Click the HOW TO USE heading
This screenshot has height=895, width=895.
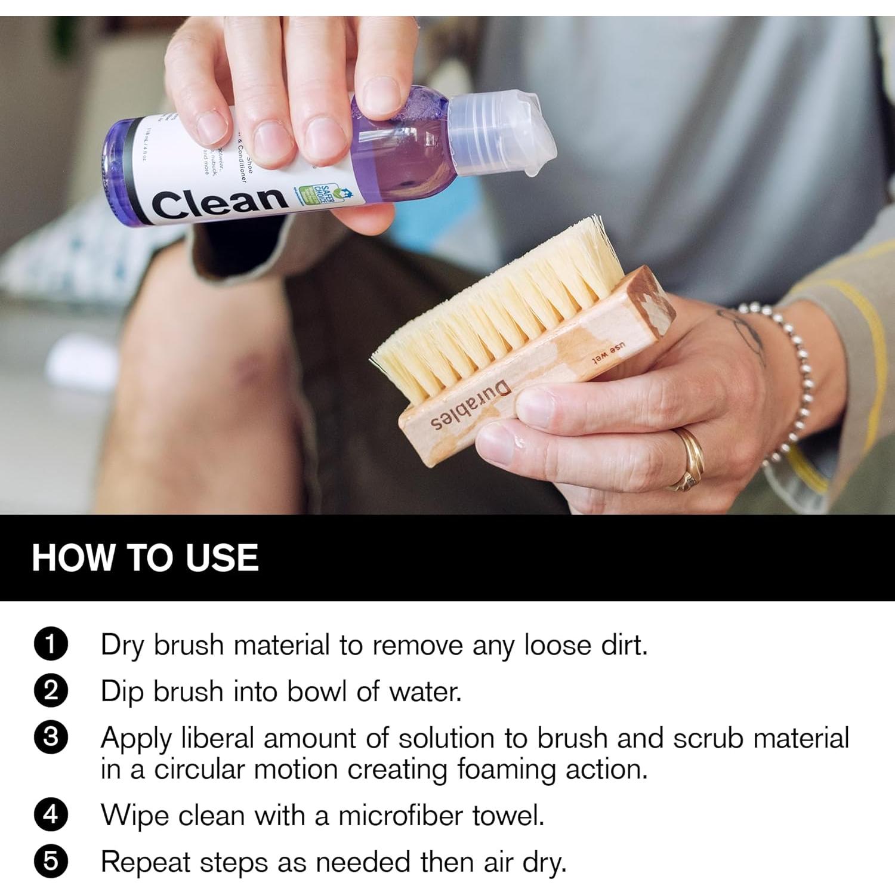(145, 558)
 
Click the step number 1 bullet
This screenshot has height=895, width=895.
(52, 644)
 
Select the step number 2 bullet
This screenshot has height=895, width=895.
(52, 691)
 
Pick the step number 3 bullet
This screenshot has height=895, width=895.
(52, 737)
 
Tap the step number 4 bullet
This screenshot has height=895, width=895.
(52, 815)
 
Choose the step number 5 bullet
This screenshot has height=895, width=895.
(52, 862)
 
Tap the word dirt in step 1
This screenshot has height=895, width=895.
(623, 644)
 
